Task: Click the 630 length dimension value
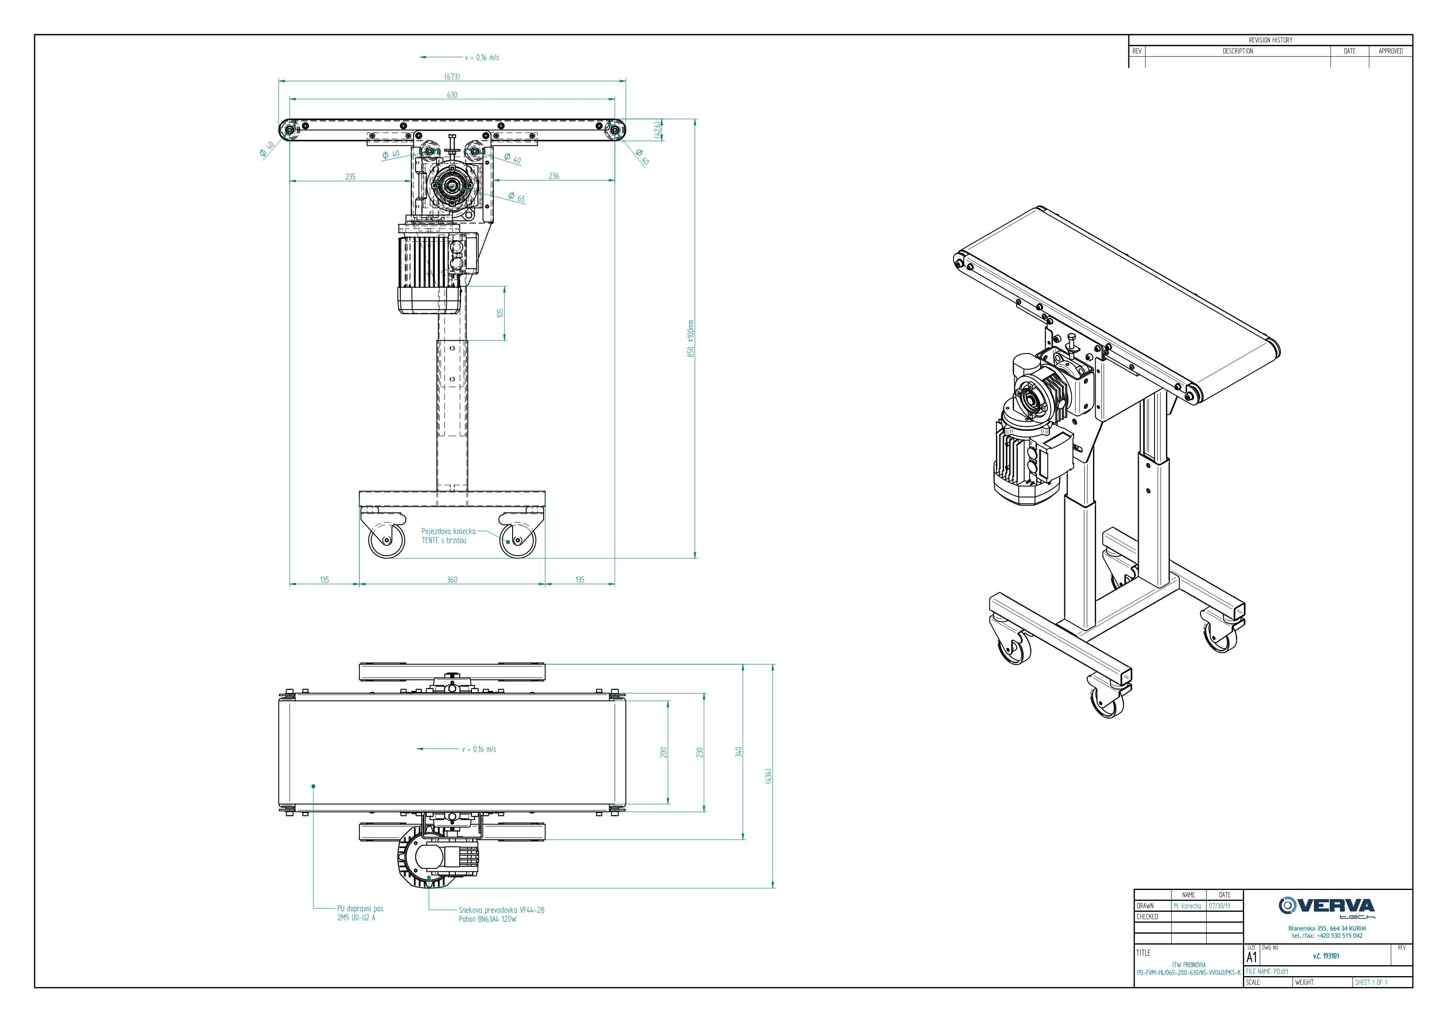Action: point(452,95)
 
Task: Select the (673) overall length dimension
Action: point(452,77)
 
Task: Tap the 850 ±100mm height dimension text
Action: point(691,339)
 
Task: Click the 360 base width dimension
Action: point(452,580)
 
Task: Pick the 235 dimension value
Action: point(350,177)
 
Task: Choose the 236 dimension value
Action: point(553,177)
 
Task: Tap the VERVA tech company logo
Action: point(1327,908)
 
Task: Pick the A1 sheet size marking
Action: point(1252,957)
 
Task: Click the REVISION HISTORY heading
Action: point(1270,40)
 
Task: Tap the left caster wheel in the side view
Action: point(386,540)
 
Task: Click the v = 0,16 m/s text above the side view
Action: point(482,57)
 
